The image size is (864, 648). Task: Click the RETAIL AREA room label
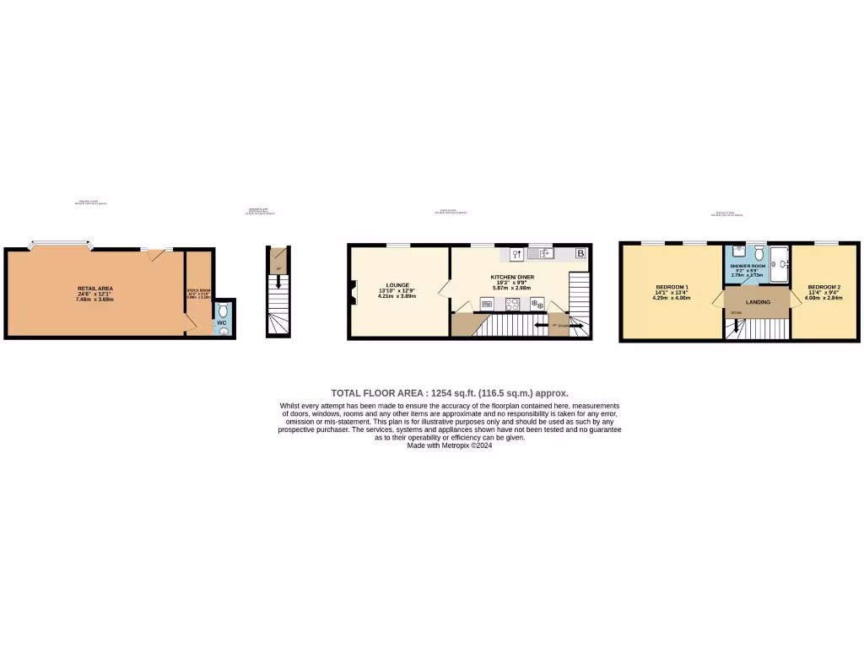(94, 289)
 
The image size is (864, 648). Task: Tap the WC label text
(222, 322)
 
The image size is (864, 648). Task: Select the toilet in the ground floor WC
(223, 310)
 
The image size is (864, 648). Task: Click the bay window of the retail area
(59, 246)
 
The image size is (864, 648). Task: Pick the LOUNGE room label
(397, 285)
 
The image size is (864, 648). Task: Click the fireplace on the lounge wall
(354, 292)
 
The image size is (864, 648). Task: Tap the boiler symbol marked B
(580, 252)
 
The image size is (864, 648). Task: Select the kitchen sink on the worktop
(541, 252)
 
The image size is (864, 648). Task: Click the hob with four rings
(512, 304)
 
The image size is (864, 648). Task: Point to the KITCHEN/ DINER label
(512, 277)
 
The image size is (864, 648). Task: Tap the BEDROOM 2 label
(823, 287)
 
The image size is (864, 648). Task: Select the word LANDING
(758, 300)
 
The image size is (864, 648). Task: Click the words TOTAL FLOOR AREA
(378, 393)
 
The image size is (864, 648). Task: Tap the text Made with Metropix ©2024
(449, 445)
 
